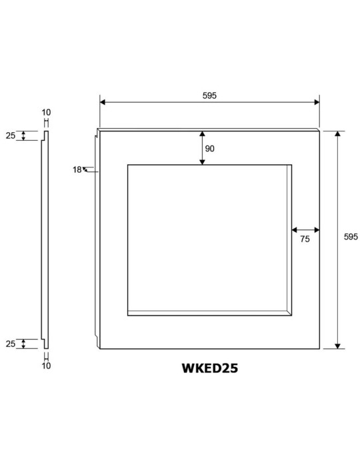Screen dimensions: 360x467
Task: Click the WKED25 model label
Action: (x=210, y=368)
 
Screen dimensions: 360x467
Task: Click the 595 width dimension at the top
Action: (x=209, y=95)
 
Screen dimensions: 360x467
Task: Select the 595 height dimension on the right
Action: (x=351, y=237)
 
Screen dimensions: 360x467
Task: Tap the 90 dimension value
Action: (x=210, y=149)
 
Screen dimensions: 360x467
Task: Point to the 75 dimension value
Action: (x=305, y=239)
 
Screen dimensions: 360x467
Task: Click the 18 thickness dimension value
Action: (x=77, y=169)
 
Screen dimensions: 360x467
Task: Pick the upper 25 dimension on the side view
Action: (x=11, y=135)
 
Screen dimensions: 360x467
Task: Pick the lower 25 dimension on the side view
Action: (x=11, y=344)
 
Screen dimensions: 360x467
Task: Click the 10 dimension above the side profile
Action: (x=46, y=112)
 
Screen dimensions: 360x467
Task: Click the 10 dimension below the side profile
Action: (x=46, y=366)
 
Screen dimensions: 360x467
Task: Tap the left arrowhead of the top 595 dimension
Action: (x=103, y=103)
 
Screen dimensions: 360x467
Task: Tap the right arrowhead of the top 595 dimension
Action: (x=317, y=103)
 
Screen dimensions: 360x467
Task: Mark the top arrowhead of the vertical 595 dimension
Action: (x=337, y=133)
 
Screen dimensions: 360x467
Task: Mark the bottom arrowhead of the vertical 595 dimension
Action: (x=337, y=346)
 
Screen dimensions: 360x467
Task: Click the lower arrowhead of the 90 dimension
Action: (x=202, y=161)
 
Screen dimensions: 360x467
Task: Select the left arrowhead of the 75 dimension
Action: (x=295, y=230)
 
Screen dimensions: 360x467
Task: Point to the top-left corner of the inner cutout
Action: (x=128, y=165)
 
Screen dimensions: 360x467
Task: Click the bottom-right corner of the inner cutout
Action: (x=291, y=315)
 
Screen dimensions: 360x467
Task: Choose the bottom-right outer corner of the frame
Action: (x=319, y=348)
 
